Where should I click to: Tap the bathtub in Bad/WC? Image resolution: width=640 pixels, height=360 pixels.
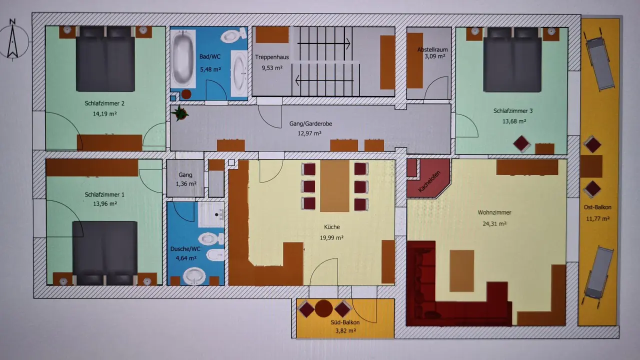[x=183, y=58]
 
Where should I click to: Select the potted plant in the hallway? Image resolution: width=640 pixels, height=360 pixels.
[x=179, y=113]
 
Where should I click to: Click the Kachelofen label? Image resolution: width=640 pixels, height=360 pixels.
[x=429, y=181]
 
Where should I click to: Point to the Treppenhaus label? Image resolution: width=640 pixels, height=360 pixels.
[x=271, y=57]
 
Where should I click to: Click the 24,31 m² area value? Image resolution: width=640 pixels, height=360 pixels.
[x=494, y=223]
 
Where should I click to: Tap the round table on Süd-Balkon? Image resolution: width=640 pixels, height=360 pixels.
[x=323, y=308]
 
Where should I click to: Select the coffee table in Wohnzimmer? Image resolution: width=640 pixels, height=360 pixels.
[x=461, y=271]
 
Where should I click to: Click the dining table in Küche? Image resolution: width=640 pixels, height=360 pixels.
[x=334, y=185]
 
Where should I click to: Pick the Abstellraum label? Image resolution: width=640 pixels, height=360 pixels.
[x=432, y=49]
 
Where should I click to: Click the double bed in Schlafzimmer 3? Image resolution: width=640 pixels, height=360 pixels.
[x=512, y=59]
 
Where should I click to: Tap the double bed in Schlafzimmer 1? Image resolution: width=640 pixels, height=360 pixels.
[x=104, y=253]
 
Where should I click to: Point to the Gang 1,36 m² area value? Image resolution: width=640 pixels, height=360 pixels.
[x=186, y=183]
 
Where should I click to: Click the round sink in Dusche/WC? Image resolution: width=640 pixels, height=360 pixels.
[x=194, y=276]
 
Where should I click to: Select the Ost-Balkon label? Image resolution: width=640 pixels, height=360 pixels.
[x=597, y=207]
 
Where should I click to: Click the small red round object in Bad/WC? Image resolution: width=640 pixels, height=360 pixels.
[x=186, y=94]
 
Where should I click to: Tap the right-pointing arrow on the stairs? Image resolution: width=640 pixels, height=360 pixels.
[x=323, y=43]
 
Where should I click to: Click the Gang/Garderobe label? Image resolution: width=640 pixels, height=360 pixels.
[x=310, y=123]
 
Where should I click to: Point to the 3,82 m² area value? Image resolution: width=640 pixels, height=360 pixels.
[x=345, y=331]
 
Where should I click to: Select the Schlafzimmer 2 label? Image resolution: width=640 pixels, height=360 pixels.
[x=104, y=103]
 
